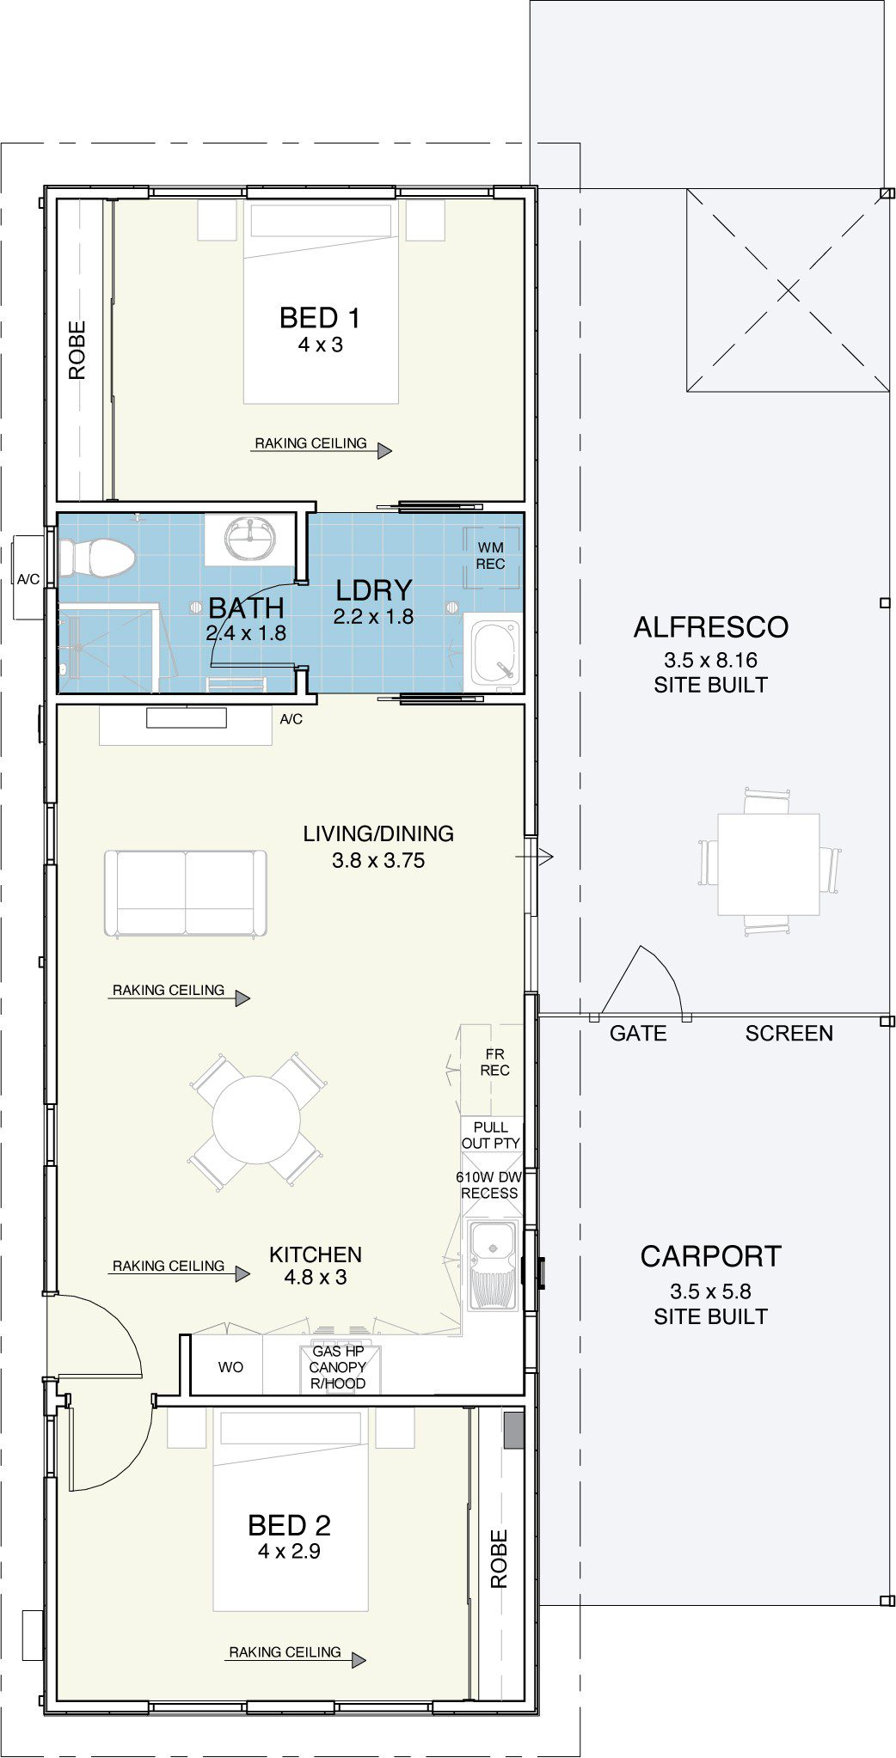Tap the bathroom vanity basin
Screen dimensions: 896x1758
[x=250, y=538]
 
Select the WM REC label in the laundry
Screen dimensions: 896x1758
[x=490, y=555]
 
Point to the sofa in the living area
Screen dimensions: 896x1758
[x=185, y=893]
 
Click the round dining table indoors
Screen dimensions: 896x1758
[x=256, y=1120]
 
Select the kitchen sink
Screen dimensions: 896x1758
[x=492, y=1264]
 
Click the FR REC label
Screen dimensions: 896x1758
[x=494, y=1062]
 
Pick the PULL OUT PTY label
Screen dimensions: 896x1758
[x=490, y=1134]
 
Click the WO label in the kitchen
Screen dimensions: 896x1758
[x=230, y=1367]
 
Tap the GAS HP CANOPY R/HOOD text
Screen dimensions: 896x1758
[x=338, y=1367]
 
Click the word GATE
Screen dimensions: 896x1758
[x=638, y=1033]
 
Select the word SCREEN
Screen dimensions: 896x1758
[x=789, y=1033]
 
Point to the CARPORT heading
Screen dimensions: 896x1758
[x=711, y=1256]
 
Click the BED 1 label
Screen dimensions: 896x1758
[x=320, y=318]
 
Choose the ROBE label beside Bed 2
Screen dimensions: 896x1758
[x=499, y=1559]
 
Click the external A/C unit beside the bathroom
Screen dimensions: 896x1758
[x=28, y=577]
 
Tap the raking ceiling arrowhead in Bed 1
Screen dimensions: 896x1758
[x=384, y=450]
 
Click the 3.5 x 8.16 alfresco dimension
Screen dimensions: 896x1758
[x=710, y=661]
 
